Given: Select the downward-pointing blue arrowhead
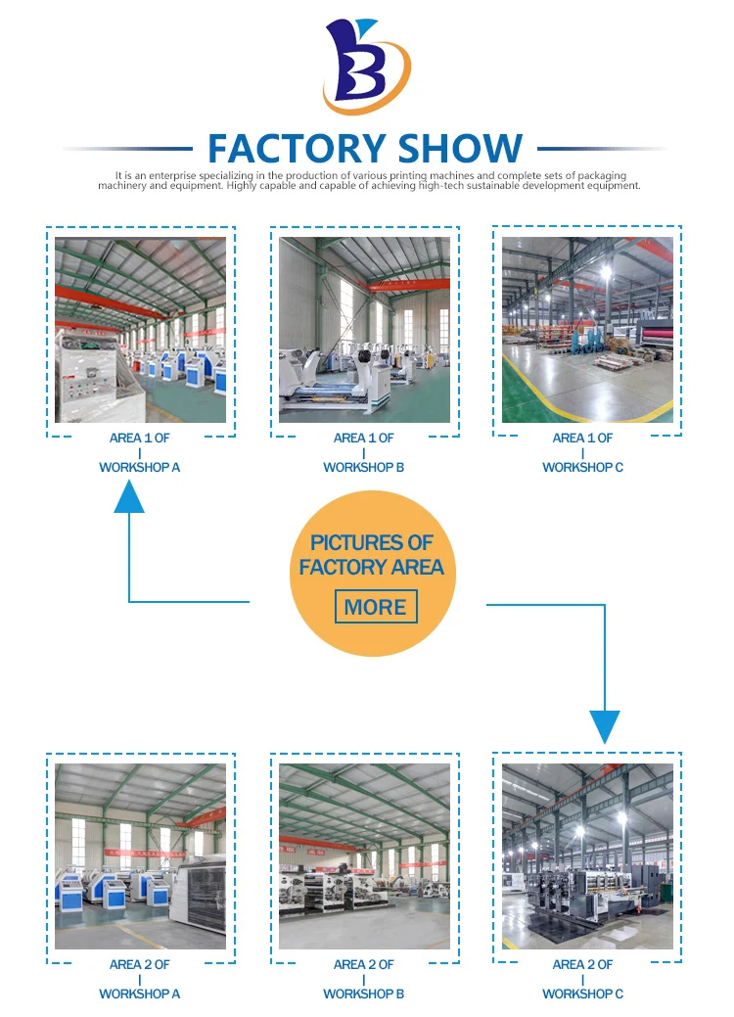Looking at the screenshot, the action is [x=605, y=726].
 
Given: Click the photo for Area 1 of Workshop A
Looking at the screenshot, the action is [x=140, y=330].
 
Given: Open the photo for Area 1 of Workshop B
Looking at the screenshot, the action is [x=364, y=330].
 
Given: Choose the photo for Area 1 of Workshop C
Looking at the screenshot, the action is [x=587, y=330].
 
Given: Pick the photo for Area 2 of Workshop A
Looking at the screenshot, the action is [x=140, y=856].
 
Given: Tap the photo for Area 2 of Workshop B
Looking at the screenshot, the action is [x=364, y=856].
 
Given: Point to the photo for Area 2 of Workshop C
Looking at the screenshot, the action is [x=587, y=856].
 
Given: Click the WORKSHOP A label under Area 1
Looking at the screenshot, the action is [x=140, y=468].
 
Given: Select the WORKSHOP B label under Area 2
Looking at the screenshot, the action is [x=364, y=994].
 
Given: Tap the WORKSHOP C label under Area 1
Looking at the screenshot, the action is [x=583, y=468].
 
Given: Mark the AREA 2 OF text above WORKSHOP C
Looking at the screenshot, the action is [x=583, y=965].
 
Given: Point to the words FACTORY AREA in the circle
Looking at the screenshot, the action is [x=372, y=568].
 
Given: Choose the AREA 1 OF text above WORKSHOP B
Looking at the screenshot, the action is [x=364, y=439].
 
